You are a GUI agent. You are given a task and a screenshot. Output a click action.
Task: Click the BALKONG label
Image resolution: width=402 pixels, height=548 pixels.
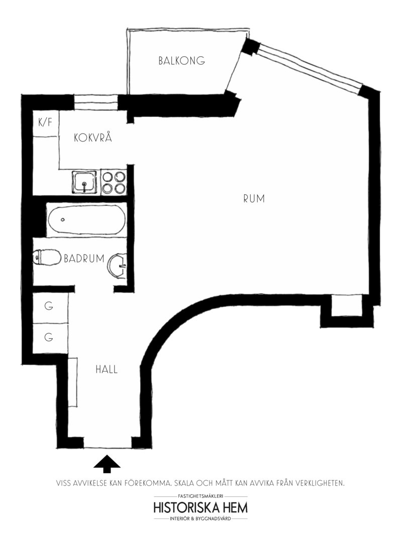point(181,60)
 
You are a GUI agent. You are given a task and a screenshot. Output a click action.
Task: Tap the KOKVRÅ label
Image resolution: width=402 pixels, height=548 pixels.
point(93,138)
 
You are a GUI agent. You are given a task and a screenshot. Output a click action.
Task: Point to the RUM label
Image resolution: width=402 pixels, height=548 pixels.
point(254,199)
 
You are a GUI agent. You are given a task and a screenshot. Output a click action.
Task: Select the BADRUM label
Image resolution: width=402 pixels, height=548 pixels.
point(84,258)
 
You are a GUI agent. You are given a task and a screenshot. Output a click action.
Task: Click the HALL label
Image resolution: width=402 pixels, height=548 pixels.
point(107,369)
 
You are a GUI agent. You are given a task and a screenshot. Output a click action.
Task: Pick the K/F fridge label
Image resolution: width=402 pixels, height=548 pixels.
point(45,122)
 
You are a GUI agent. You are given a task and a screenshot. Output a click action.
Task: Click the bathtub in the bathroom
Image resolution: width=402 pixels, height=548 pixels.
point(86,220)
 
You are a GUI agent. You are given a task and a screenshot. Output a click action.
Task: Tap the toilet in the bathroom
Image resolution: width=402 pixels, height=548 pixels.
point(46,258)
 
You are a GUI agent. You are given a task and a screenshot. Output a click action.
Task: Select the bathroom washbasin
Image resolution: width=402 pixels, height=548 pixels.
point(118,266)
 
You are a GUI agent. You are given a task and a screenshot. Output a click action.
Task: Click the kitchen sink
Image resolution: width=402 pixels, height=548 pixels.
point(84,182)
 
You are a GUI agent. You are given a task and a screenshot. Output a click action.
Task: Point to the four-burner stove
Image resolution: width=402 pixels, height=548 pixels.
point(114,183)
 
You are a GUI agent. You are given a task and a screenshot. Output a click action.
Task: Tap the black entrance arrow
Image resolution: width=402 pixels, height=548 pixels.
point(107,462)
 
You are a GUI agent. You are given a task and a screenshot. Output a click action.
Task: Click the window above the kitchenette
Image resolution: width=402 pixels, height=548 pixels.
point(96,102)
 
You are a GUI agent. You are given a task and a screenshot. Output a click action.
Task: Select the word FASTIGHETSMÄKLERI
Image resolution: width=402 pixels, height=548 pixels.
point(200,496)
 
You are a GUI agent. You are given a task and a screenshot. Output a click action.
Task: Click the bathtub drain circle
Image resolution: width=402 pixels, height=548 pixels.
point(63,219)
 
